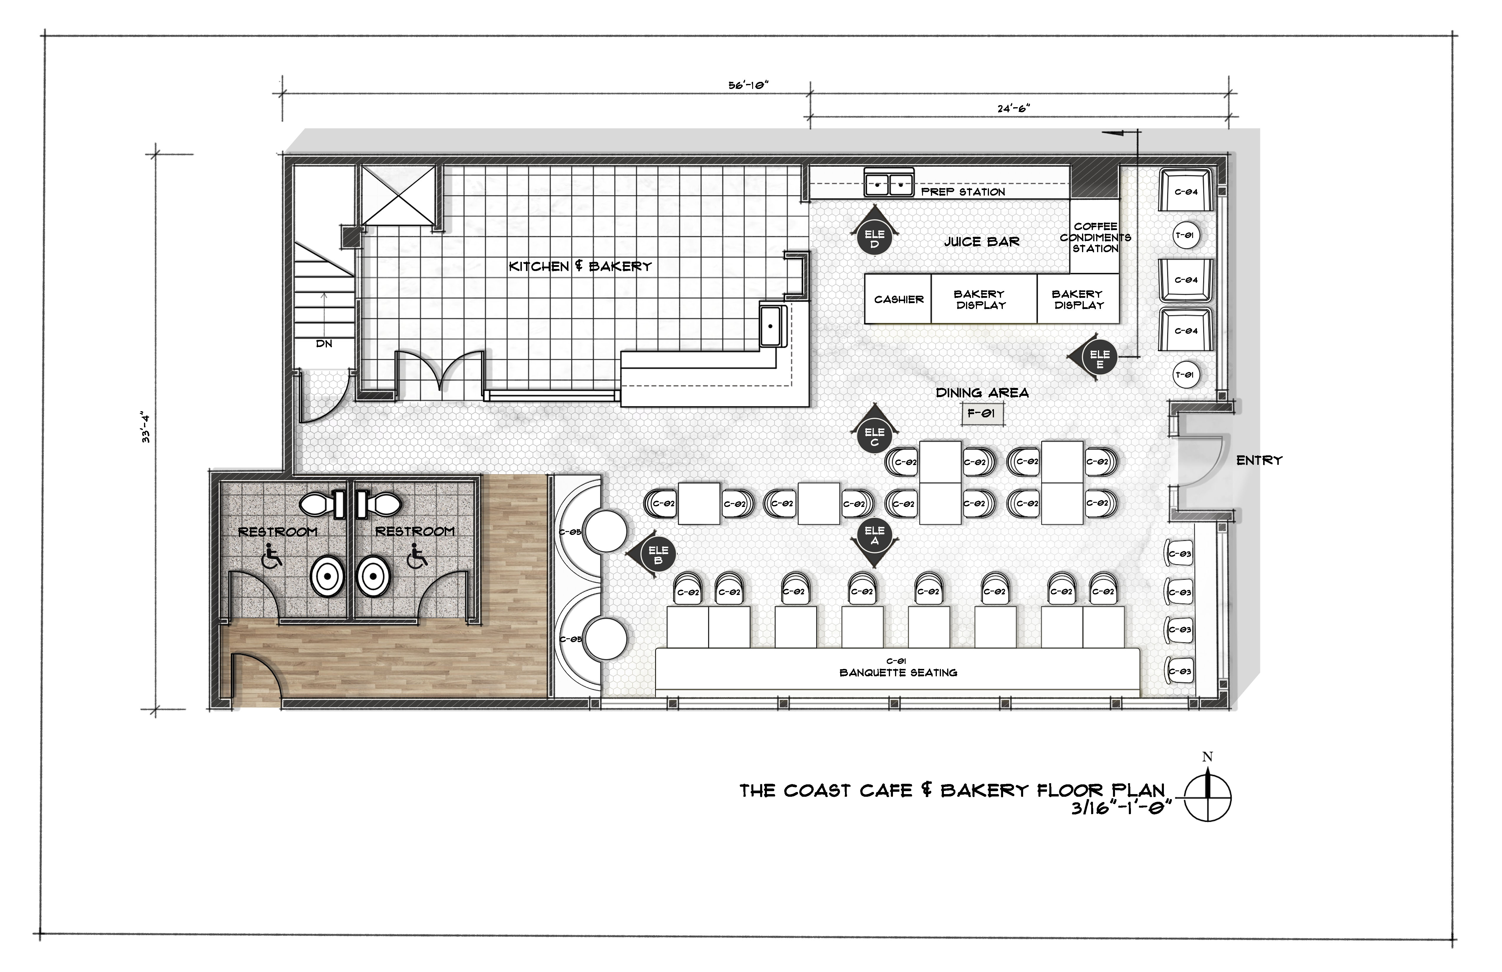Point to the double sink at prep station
point(889,184)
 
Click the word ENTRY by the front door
point(1259,461)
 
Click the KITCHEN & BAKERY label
point(580,266)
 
